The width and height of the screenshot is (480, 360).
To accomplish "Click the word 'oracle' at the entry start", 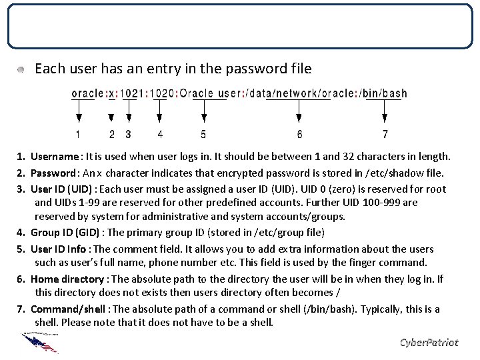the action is point(87,93).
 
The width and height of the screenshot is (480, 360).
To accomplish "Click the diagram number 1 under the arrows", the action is point(79,135).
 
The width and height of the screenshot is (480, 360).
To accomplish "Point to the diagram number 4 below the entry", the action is point(160,135).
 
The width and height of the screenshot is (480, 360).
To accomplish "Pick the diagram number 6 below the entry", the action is point(299,135).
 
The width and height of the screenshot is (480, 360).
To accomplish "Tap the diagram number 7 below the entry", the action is point(385,135).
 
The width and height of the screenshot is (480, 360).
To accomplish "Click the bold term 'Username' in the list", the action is point(54,157).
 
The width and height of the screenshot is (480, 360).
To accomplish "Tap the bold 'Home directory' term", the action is point(67,279).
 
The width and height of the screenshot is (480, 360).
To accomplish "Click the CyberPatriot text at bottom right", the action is point(429,342).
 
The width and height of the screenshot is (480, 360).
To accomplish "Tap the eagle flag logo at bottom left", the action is point(40,342).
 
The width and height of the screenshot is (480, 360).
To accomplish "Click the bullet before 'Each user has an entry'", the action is point(22,69).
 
